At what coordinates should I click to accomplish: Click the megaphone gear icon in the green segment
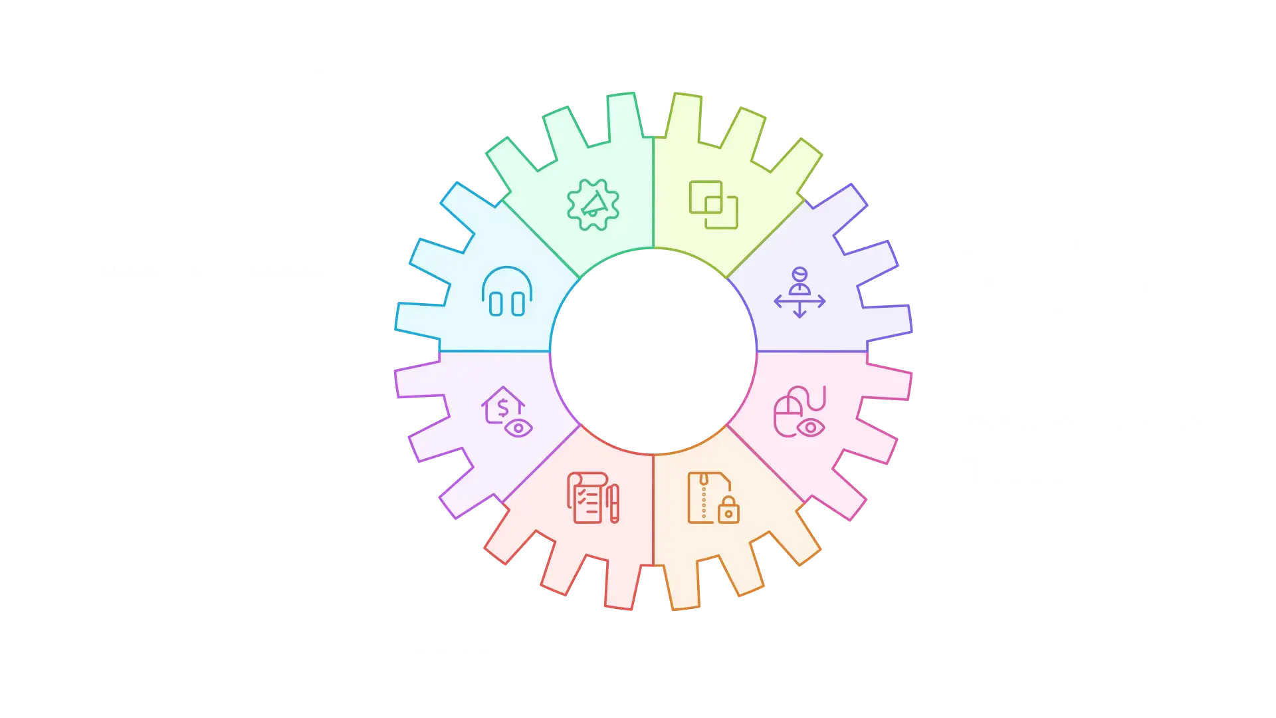[x=593, y=205]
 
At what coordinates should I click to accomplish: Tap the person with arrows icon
[x=799, y=293]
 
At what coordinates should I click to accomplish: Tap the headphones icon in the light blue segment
[x=507, y=292]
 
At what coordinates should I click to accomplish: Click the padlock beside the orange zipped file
[x=728, y=511]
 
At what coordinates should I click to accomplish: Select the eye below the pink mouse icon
[x=811, y=427]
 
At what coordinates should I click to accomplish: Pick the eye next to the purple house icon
[x=518, y=428]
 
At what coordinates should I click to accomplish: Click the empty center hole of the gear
[x=654, y=351]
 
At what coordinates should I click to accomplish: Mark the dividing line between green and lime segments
[x=653, y=193]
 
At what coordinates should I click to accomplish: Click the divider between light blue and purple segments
[x=495, y=351]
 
